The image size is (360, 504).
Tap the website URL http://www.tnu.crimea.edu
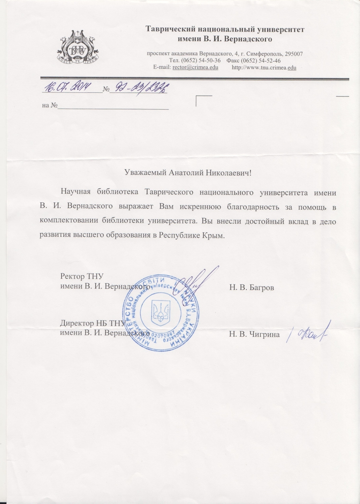tap(264, 67)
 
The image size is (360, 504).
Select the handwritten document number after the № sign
tap(138, 87)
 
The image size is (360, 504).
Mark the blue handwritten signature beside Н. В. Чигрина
tap(307, 333)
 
